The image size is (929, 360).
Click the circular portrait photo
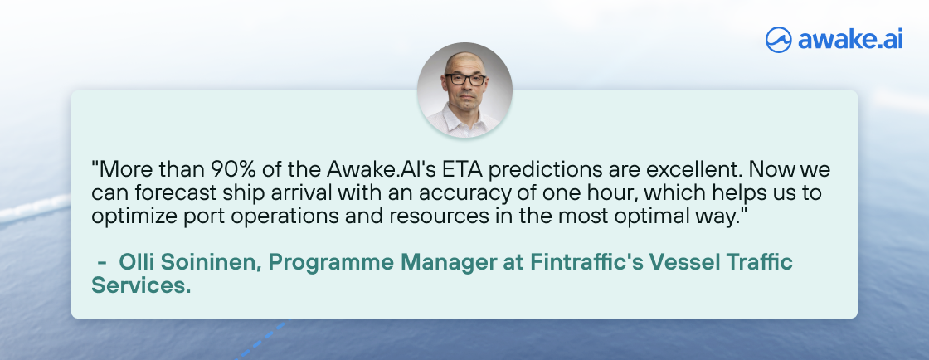[x=464, y=90]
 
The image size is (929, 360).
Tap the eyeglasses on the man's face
[x=465, y=80]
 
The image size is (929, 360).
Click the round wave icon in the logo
[x=779, y=40]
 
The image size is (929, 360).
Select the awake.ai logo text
[x=850, y=39]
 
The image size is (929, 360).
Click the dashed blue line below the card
[x=265, y=339]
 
